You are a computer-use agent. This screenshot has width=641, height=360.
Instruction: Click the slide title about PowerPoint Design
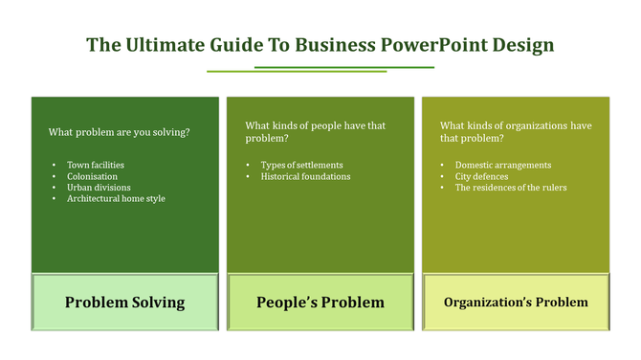click(x=320, y=45)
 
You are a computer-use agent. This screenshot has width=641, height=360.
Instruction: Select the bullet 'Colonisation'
click(x=92, y=176)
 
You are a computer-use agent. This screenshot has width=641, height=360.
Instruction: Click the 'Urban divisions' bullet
click(x=99, y=188)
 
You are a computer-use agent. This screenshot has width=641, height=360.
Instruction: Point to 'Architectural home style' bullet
click(x=116, y=198)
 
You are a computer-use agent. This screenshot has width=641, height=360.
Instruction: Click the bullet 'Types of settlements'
click(x=301, y=165)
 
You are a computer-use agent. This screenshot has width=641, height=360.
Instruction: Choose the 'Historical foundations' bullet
click(x=305, y=176)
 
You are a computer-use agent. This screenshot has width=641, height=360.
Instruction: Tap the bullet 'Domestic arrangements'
click(x=502, y=165)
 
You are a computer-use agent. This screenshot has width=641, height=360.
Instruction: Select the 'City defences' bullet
click(x=481, y=176)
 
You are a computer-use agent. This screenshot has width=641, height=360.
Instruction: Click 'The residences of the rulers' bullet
click(x=510, y=188)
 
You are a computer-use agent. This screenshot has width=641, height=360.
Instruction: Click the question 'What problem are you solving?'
click(x=119, y=132)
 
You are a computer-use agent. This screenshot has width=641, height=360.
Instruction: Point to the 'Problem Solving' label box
click(x=124, y=303)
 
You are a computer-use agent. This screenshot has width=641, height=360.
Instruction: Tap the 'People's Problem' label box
click(x=320, y=303)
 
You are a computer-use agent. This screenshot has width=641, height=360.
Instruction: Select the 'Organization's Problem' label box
click(x=516, y=303)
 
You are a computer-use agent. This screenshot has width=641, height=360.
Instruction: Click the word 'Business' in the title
click(x=332, y=45)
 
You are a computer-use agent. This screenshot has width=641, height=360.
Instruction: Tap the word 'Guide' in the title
click(x=238, y=45)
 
